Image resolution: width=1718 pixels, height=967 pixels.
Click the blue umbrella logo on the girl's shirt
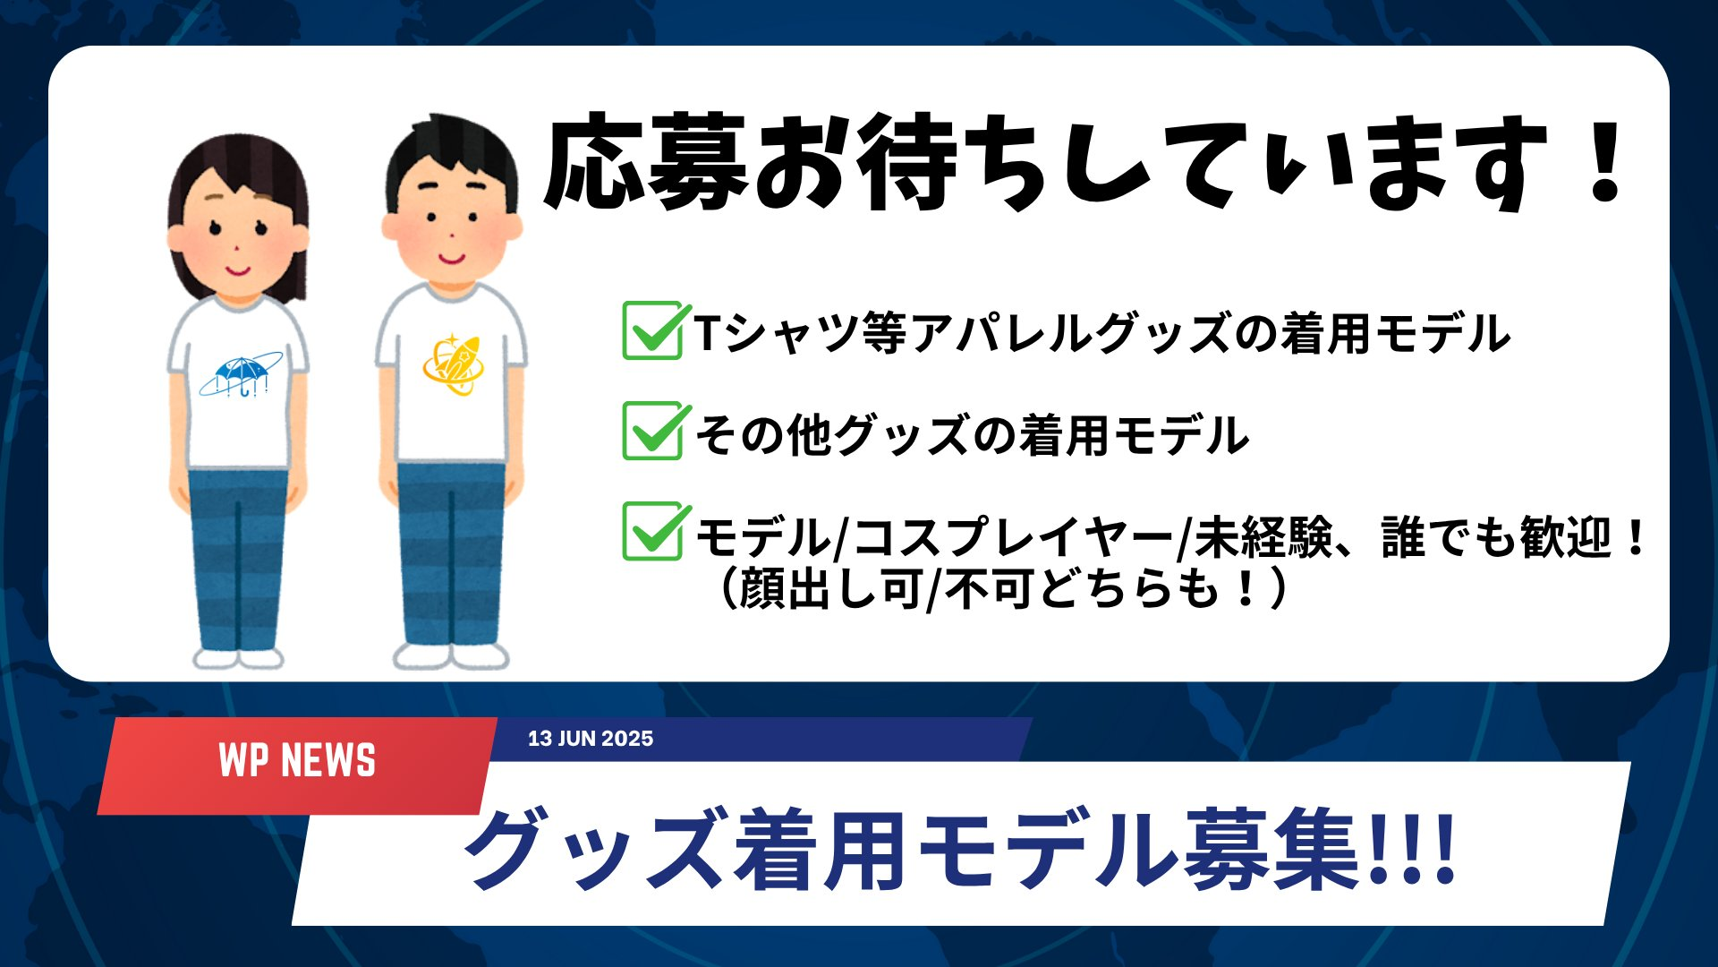coord(241,375)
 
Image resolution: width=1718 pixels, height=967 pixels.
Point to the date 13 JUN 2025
coord(591,739)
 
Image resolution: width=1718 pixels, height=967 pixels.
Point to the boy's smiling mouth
coord(452,259)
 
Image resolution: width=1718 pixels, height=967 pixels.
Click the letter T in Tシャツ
coord(708,332)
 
